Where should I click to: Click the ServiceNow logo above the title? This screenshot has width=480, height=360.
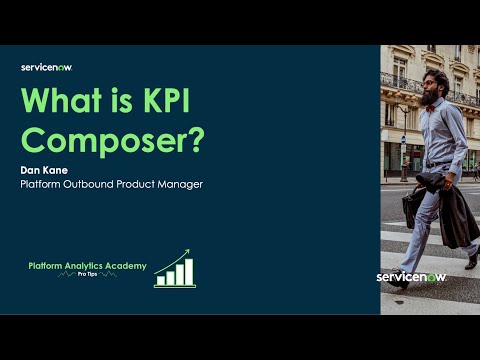(46, 67)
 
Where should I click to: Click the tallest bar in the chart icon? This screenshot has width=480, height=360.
(187, 271)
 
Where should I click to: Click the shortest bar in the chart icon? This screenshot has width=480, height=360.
(160, 280)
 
